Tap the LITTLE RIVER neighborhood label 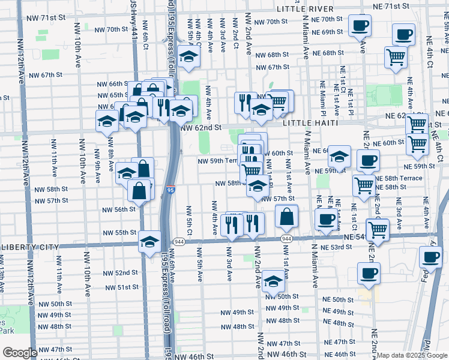[x=305, y=9]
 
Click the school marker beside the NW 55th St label [x=149, y=241]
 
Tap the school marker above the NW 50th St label [x=273, y=281]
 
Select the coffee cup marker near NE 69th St [x=360, y=26]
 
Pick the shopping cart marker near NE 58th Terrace [x=364, y=185]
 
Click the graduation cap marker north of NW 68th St [x=189, y=57]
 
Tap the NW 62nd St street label [x=202, y=128]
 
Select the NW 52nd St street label [x=123, y=272]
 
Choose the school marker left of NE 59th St [x=339, y=157]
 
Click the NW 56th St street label [x=118, y=209]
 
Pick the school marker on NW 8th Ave [x=107, y=121]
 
